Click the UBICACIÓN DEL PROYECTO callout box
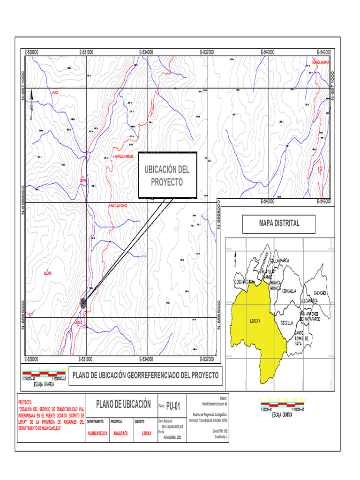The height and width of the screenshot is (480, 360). pyautogui.click(x=167, y=175)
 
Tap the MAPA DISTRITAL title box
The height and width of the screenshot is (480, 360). pyautogui.click(x=279, y=224)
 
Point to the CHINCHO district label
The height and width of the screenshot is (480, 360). pyautogui.click(x=322, y=293)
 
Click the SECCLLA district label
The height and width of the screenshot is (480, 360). pyautogui.click(x=287, y=323)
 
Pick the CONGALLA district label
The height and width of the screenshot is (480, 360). pyautogui.click(x=290, y=291)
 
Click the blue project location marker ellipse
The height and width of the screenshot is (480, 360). pyautogui.click(x=83, y=303)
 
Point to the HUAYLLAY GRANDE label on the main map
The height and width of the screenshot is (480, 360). pyautogui.click(x=124, y=156)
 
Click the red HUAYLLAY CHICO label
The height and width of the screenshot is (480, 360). pyautogui.click(x=118, y=205)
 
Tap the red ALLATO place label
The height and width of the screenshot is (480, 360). pyautogui.click(x=47, y=273)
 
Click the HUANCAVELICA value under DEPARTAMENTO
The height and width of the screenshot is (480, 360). pyautogui.click(x=97, y=434)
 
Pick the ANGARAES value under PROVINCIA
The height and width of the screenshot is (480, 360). pyautogui.click(x=120, y=434)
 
